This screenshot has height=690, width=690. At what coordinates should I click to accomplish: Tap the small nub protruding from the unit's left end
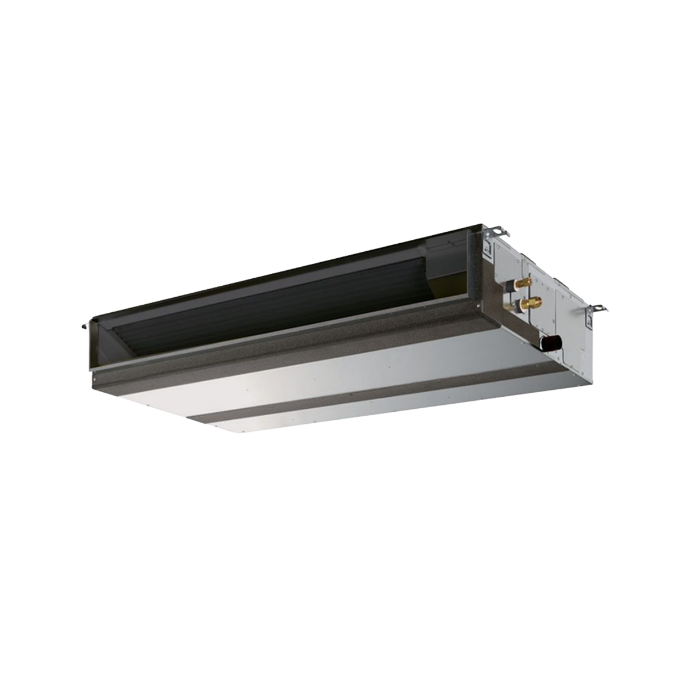[85, 326]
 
